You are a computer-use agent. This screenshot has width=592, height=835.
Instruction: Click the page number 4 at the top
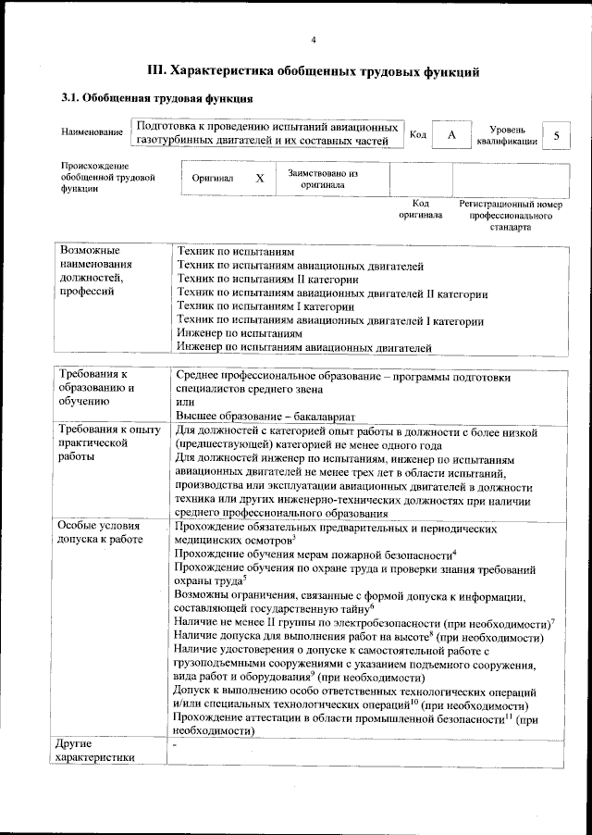pos(314,39)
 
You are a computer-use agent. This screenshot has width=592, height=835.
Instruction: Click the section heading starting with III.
pos(314,69)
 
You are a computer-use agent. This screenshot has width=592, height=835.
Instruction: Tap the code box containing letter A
pos(450,135)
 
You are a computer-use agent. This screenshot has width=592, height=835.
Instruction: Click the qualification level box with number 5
pos(556,135)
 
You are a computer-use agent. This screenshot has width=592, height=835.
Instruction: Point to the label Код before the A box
pos(417,135)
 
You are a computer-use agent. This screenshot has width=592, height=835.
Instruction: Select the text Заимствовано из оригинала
pos(323,178)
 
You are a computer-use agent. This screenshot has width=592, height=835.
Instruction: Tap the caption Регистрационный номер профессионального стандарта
pos(510,215)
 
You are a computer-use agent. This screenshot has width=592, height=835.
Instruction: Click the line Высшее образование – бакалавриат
pos(265,417)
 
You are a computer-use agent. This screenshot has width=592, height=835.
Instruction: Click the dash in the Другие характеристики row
pos(175,744)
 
